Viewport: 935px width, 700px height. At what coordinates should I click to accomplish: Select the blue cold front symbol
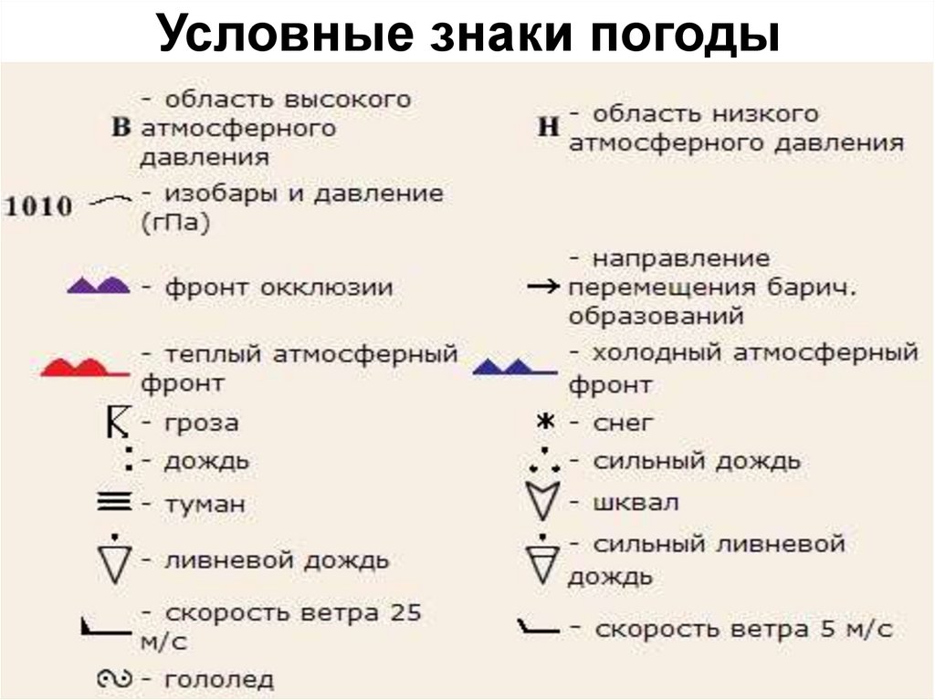coord(514,367)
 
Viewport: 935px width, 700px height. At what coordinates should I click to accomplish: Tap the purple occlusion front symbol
coord(99,286)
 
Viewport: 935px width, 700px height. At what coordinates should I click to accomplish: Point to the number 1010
coord(39,206)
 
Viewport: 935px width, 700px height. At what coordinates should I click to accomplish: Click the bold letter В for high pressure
coord(121,128)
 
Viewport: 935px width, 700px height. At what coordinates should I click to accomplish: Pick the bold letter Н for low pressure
coord(548,128)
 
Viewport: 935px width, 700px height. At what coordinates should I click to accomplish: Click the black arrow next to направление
coord(543,288)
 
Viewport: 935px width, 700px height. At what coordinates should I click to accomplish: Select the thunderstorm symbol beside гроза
coord(116,423)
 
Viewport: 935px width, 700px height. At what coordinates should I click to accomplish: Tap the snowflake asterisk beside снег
coord(545,423)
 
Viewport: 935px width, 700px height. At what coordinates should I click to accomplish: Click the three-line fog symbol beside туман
coord(114,501)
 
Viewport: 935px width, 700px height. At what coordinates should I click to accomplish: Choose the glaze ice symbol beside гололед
coord(116,679)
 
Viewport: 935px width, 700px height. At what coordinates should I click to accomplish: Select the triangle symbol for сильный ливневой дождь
coord(541,559)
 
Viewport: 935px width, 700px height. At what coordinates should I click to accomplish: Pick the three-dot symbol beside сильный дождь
coord(544,461)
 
